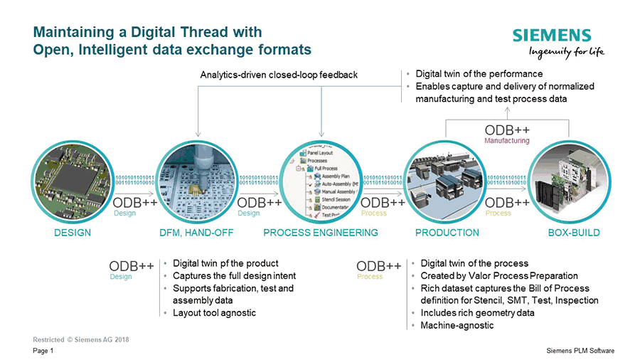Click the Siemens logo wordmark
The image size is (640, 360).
[x=552, y=36]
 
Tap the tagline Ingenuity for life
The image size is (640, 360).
[x=567, y=52]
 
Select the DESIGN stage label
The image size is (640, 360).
[x=73, y=233]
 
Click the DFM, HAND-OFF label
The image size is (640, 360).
[x=197, y=233]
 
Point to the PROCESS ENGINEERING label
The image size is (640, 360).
[x=321, y=233]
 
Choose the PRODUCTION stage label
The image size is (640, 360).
[x=447, y=233]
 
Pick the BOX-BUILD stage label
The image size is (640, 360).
[x=574, y=233]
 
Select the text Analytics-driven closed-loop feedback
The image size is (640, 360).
[x=279, y=75]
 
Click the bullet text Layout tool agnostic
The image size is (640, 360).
[x=214, y=313]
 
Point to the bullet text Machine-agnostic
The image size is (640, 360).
[x=457, y=325]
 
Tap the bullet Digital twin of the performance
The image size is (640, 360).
[x=479, y=74]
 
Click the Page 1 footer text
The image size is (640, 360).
[x=43, y=351]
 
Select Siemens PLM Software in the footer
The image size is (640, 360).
[x=580, y=351]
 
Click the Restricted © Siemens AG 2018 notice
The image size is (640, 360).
[x=81, y=339]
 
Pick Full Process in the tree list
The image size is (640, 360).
[x=327, y=168]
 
